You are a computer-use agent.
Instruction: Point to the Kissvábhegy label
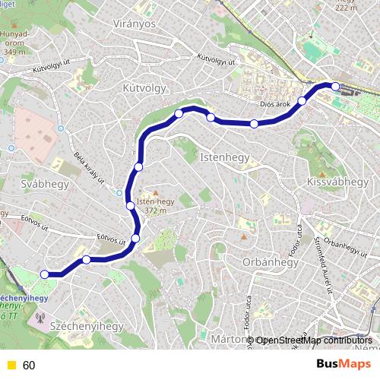coord(337,182)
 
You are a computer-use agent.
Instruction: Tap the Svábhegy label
coord(46,185)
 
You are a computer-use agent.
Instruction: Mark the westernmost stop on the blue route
coord(45,274)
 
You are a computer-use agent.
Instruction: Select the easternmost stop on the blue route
coord(335,86)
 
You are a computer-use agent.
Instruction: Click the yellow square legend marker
coord(10,365)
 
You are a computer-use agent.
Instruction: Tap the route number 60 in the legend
coord(29,365)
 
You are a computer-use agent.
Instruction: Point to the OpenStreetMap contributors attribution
coord(312,340)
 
